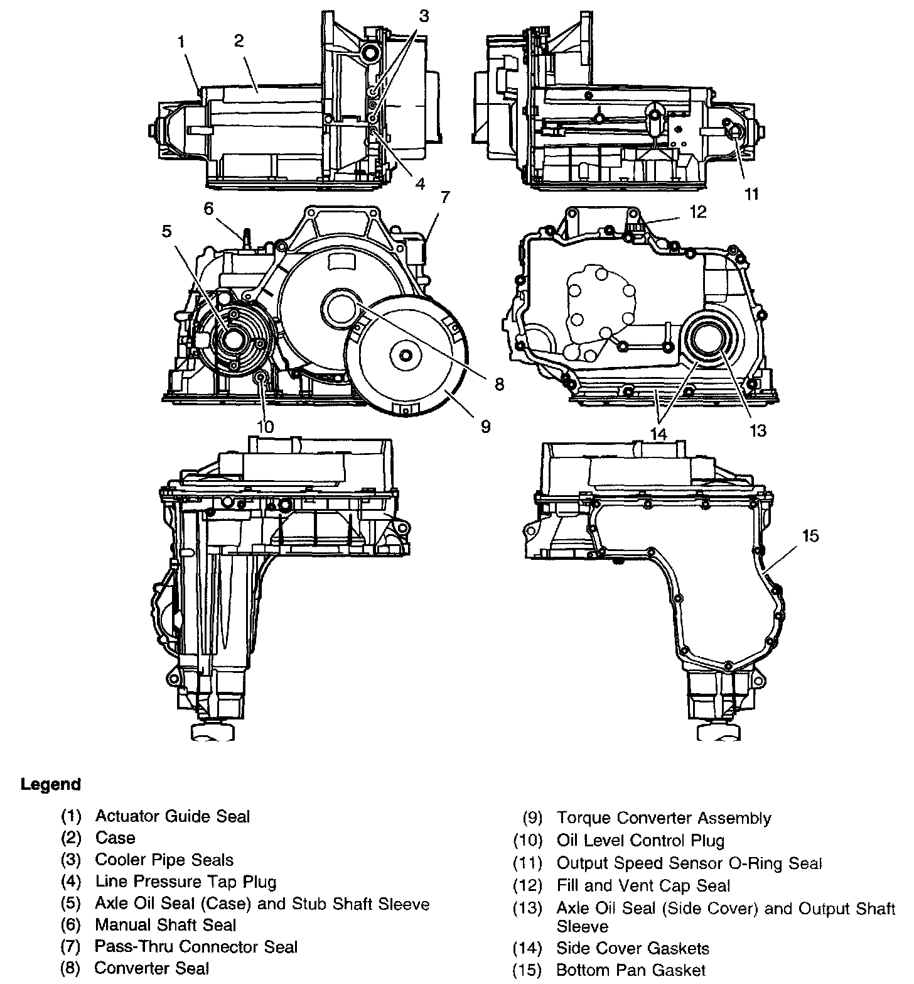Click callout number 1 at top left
[181, 43]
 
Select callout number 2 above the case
[239, 41]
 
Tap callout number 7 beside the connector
[444, 199]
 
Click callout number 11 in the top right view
[751, 194]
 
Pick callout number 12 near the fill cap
[698, 212]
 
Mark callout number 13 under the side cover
[758, 430]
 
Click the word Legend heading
[51, 784]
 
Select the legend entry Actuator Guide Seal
[172, 816]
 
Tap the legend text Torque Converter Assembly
[663, 818]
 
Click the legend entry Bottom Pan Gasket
[631, 970]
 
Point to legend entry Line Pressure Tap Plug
[185, 882]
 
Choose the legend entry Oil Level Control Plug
[640, 840]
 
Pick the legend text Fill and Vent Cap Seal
[643, 885]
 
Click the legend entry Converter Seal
[151, 968]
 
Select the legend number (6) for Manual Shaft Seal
[71, 925]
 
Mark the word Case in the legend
[115, 838]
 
